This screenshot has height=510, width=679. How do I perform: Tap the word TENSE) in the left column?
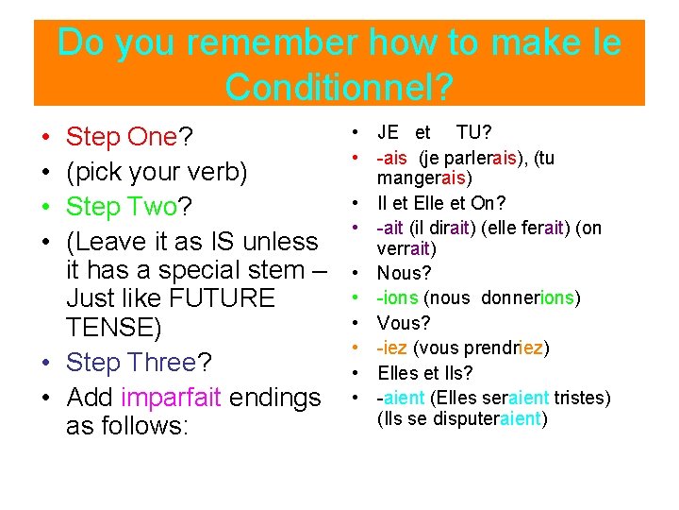(114, 329)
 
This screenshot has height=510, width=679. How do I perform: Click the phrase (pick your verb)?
(157, 173)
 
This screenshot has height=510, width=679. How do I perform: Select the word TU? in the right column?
(474, 132)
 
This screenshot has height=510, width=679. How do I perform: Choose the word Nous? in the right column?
(404, 274)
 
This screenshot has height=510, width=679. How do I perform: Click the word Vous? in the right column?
(404, 323)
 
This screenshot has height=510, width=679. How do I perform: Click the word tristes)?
(583, 398)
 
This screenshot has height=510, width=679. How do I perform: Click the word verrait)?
(405, 248)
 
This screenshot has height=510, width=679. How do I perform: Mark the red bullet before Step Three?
(46, 363)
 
